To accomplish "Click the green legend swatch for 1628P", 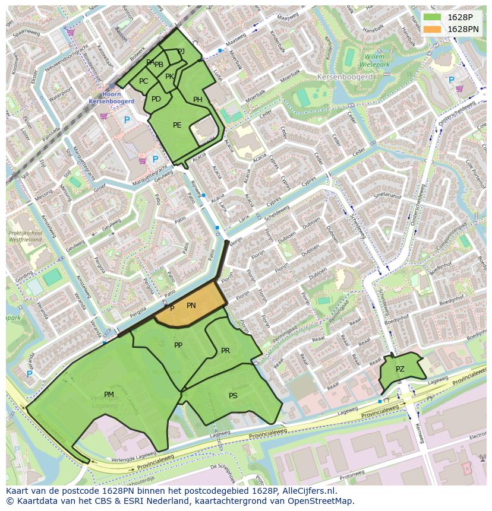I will (x=433, y=17).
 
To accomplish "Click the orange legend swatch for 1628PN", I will (x=433, y=28).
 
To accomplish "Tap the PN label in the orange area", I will (x=191, y=306).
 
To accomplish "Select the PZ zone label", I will (x=400, y=369).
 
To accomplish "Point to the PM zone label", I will (x=109, y=394).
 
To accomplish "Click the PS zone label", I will (x=233, y=396).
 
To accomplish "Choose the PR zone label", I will (x=225, y=351).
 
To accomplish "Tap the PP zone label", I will (x=178, y=345).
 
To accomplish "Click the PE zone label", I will (x=177, y=125).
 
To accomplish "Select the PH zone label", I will (x=198, y=100).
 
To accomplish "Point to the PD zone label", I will (x=156, y=99).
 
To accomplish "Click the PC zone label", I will (x=143, y=81).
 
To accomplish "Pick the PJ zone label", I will (x=181, y=52).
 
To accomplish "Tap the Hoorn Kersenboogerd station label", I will (x=111, y=98).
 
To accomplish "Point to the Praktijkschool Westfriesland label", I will (x=26, y=237).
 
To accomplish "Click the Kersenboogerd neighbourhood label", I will (x=345, y=77).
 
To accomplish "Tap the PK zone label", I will (x=169, y=77).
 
